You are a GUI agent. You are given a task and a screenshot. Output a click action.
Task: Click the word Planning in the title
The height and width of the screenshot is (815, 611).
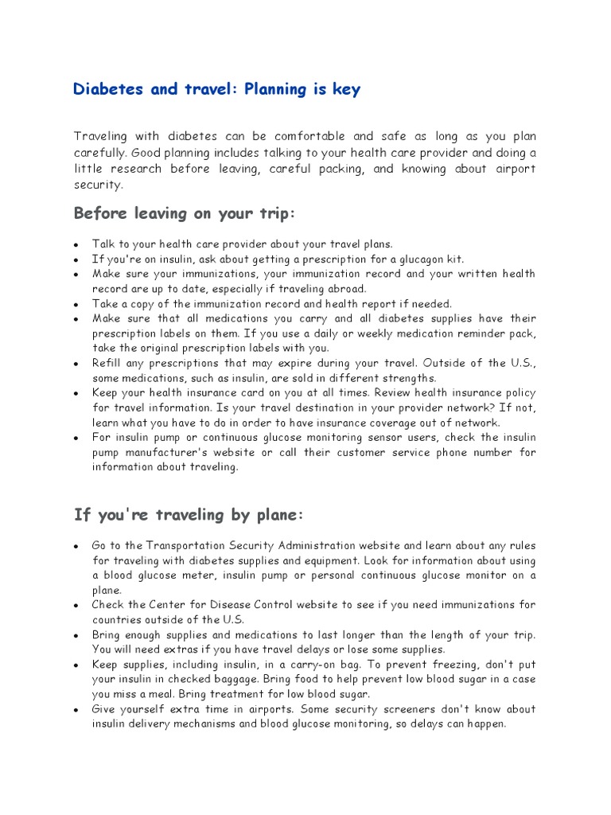pos(276,89)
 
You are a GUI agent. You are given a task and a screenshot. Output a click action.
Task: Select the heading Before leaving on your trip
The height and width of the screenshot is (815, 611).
pos(185,213)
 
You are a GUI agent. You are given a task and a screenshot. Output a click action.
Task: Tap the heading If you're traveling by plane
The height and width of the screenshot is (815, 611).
pos(189,515)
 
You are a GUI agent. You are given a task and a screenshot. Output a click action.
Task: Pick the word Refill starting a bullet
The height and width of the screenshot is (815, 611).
pos(108,363)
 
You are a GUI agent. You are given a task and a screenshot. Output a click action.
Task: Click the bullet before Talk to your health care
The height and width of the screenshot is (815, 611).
pos(75,244)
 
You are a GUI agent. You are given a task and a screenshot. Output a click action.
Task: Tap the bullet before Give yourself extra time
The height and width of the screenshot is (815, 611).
pos(75,709)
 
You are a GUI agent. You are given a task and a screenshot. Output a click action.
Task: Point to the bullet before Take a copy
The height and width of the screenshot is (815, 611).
pos(75,303)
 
